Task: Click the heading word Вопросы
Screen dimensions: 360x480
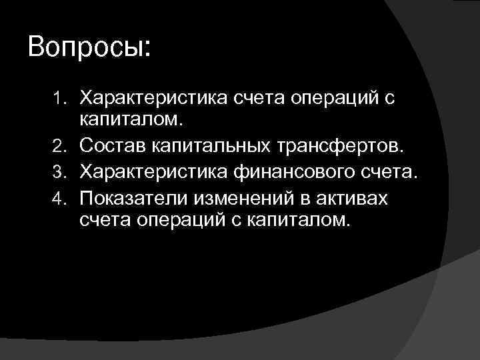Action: [89, 49]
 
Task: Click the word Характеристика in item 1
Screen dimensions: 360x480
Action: [153, 99]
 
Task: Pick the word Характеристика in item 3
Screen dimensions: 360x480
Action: [153, 173]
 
